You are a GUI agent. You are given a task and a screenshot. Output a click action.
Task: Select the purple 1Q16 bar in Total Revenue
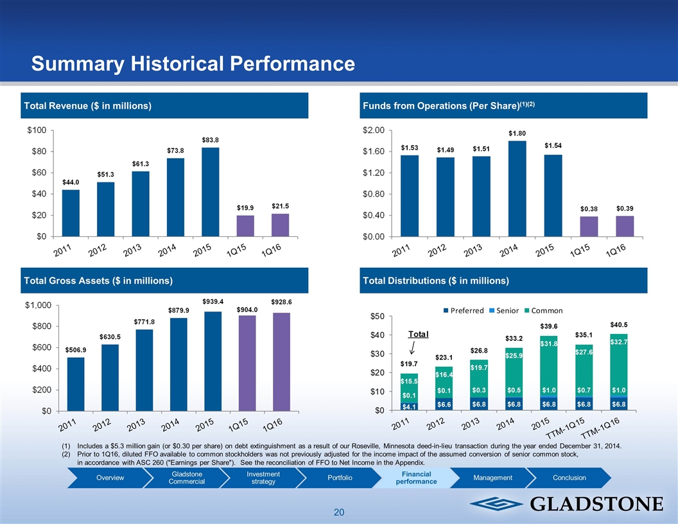[280, 225]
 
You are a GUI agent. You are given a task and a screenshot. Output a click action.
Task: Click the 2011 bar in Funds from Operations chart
[410, 195]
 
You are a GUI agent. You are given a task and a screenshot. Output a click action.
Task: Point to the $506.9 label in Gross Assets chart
[77, 349]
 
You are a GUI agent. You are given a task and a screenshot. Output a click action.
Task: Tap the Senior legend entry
[507, 311]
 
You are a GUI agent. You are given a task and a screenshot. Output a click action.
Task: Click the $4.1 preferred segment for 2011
[408, 406]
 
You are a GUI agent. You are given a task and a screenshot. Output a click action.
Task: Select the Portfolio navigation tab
[340, 477]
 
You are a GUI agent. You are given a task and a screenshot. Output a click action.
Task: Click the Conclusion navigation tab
[569, 477]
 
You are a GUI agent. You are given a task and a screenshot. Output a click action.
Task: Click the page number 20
[339, 512]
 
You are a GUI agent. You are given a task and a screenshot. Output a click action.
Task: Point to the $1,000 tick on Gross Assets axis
[39, 305]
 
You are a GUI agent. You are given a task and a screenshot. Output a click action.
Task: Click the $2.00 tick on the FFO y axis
[374, 130]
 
